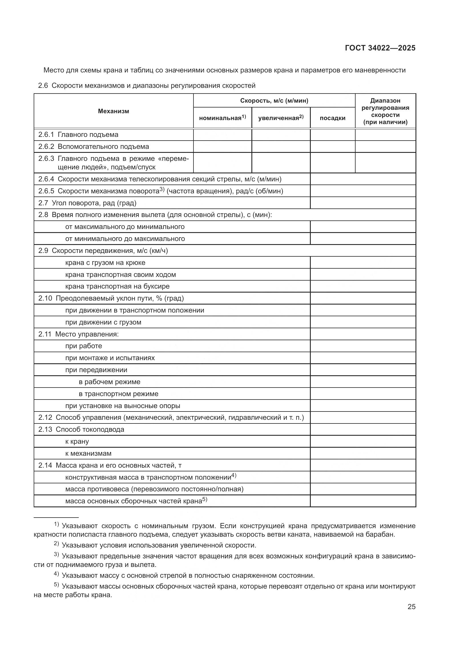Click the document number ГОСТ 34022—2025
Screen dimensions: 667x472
tap(380, 48)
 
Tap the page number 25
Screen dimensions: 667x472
tap(411, 607)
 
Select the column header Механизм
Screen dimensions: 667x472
tap(113, 111)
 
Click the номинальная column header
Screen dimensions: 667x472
tap(222, 118)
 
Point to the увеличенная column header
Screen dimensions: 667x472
tap(281, 118)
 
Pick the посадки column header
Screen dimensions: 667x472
tap(332, 118)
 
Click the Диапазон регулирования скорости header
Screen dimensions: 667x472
tap(385, 111)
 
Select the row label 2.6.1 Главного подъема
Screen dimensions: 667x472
tap(78, 135)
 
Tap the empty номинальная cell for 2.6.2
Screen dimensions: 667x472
tap(222, 147)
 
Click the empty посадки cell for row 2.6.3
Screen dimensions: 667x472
tap(332, 163)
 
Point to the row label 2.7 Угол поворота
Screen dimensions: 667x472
tap(87, 203)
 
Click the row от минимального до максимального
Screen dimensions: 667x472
tap(125, 239)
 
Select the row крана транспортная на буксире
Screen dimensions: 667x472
tap(117, 286)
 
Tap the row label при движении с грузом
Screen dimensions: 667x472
tap(103, 322)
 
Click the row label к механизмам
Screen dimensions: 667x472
tap(88, 453)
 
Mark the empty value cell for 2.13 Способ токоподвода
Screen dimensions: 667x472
tap(363, 430)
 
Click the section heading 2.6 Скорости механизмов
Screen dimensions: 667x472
tap(147, 86)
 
